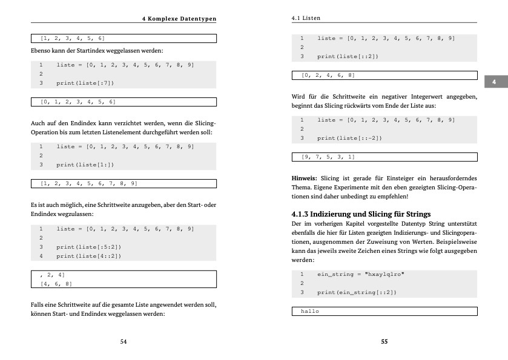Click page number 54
tap(124, 342)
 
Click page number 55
tap(384, 342)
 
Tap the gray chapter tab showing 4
tap(495, 82)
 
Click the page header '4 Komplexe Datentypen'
tap(179, 19)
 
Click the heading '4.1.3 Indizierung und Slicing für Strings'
tap(361, 214)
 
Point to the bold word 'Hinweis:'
tap(304, 178)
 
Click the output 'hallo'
tap(310, 312)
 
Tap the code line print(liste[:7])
tap(85, 83)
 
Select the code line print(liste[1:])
tap(85, 165)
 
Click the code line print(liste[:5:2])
tap(89, 247)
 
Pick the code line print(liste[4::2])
tap(89, 256)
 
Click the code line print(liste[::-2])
tap(349, 138)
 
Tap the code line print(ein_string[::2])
tap(356, 293)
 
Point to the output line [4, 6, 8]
tap(56, 283)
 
